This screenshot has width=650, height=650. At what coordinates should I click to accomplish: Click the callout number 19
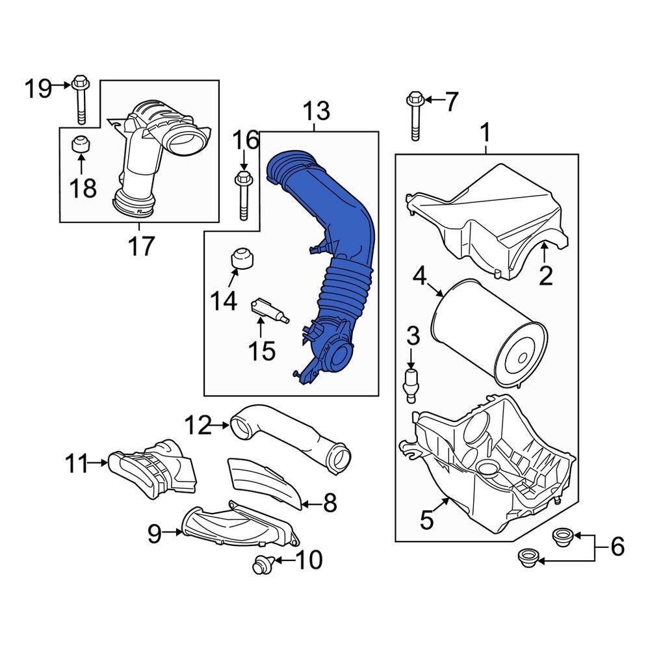(38, 87)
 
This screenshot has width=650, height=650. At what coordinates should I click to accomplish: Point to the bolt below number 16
(243, 195)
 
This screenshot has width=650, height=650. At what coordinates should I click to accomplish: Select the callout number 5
(426, 519)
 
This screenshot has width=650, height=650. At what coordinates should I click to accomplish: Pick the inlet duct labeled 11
(153, 465)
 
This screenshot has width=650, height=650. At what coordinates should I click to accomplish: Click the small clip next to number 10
(263, 565)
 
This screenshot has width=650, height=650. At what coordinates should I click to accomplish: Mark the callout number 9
(153, 534)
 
